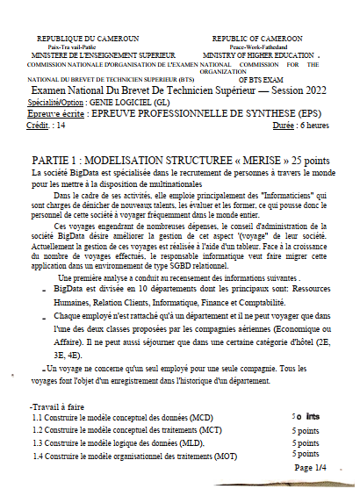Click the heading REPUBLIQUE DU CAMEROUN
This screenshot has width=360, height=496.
point(87,40)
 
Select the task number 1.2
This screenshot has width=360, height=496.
point(38,431)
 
